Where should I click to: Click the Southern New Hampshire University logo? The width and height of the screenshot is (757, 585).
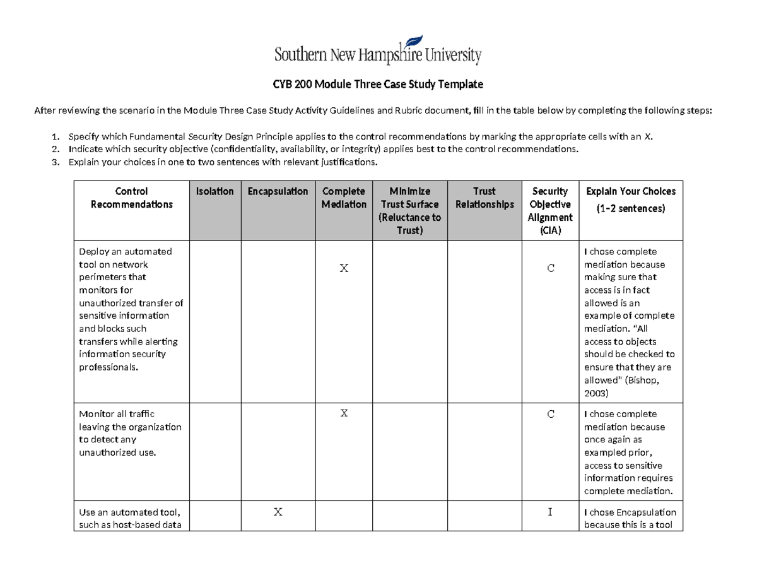click(377, 51)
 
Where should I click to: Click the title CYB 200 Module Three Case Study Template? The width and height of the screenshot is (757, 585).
click(378, 84)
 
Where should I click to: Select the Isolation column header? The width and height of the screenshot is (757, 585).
click(214, 191)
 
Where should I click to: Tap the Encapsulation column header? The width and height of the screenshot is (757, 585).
click(278, 191)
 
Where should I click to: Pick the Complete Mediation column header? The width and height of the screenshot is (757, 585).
click(344, 198)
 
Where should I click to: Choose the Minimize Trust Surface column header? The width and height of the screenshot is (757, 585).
click(409, 211)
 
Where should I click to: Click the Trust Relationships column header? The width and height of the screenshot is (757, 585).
click(484, 198)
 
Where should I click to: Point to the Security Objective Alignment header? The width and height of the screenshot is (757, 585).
click(550, 211)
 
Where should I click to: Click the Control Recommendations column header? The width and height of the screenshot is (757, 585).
click(132, 198)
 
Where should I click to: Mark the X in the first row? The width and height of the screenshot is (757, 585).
click(344, 269)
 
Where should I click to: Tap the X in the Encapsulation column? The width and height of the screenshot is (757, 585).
click(278, 512)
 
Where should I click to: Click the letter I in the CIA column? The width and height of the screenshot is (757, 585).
click(550, 512)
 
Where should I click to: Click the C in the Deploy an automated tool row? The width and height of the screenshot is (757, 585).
click(550, 269)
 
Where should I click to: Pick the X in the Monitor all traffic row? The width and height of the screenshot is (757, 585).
click(344, 414)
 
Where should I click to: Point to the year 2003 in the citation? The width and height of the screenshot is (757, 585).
click(596, 393)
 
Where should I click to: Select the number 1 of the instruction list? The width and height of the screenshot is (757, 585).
click(55, 136)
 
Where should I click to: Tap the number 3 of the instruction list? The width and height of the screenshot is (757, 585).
click(55, 162)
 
